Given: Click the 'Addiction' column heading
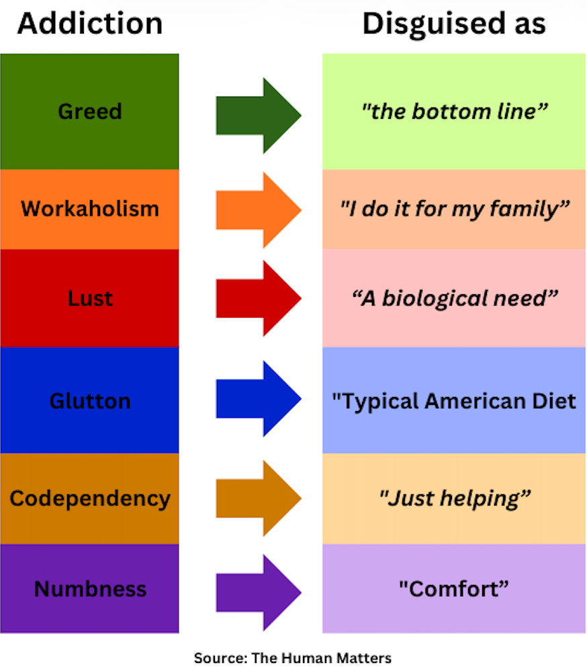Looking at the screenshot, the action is tap(89, 24).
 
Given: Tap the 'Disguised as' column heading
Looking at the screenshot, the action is tap(454, 24).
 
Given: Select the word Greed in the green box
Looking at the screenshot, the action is tap(90, 111).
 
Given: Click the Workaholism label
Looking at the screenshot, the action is tap(90, 208).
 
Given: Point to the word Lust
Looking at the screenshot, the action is tap(90, 298).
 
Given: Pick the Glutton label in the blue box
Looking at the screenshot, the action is tap(90, 401).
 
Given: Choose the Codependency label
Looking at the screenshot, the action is tap(90, 498).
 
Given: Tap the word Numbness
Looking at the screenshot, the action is tap(90, 589).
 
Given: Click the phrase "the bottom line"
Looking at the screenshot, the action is tap(455, 111).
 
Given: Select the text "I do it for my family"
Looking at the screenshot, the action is tap(455, 209).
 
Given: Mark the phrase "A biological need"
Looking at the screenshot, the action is tap(455, 298).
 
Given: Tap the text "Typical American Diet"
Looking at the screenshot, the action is tap(455, 401).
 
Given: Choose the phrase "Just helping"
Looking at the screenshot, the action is tap(455, 498).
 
